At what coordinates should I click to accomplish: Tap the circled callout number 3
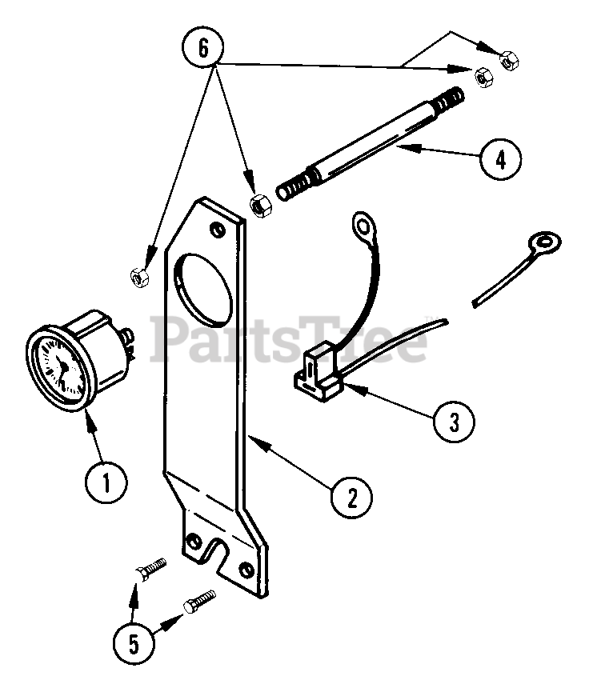[x=453, y=421]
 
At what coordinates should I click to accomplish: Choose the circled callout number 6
[x=202, y=47]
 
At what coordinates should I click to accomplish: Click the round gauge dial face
[x=57, y=366]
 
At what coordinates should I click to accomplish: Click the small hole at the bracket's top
[x=219, y=231]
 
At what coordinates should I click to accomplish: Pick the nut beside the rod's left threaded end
[x=259, y=204]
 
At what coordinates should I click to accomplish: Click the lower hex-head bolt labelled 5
[x=199, y=602]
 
